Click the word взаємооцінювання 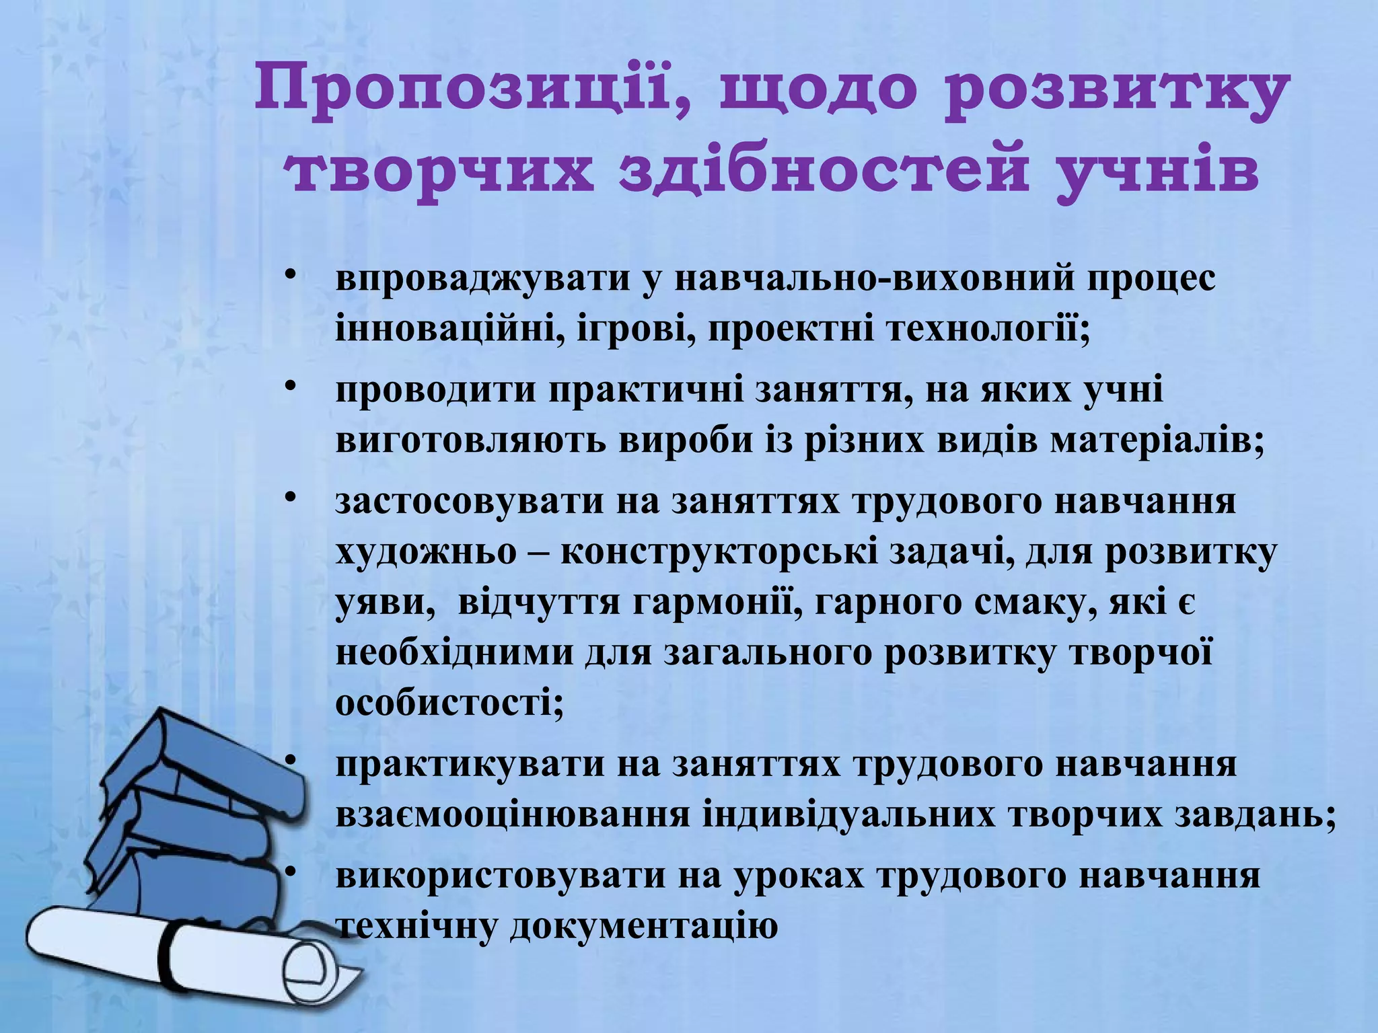click(x=512, y=815)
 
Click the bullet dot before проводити click(x=290, y=386)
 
